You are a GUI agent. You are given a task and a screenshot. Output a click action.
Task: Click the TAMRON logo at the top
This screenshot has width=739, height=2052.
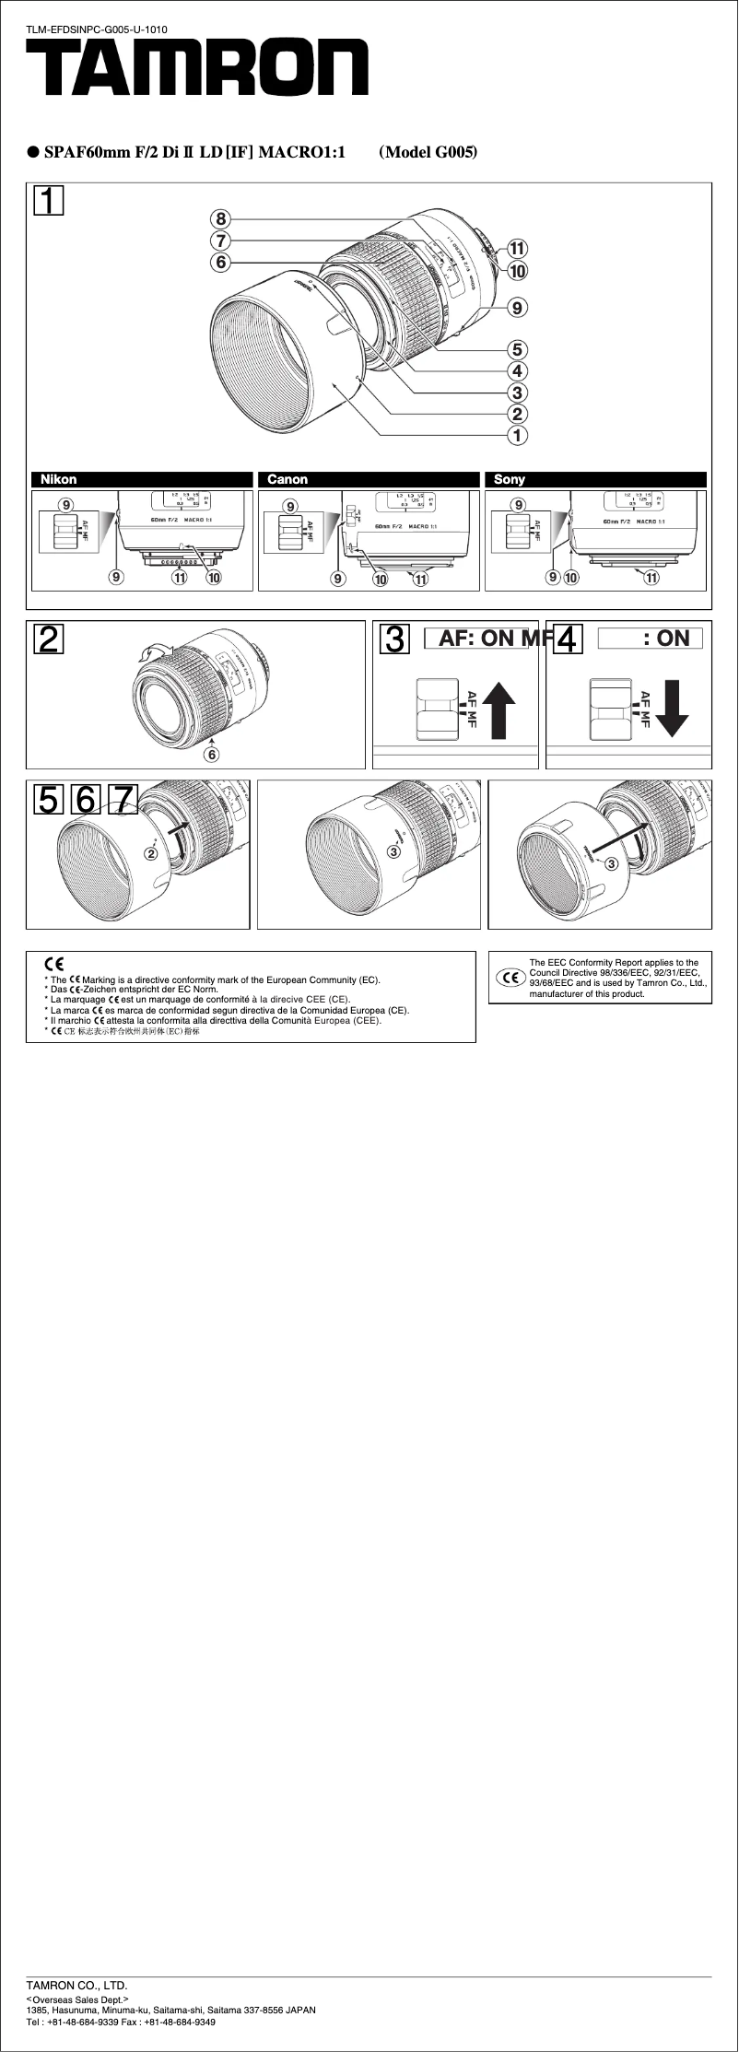(196, 72)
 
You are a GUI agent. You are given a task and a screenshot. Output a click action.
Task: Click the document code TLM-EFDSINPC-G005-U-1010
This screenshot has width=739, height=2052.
(96, 30)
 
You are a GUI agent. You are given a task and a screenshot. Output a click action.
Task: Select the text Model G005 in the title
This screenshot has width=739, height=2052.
(428, 152)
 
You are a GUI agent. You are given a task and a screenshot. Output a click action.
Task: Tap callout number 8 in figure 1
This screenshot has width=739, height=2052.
(219, 218)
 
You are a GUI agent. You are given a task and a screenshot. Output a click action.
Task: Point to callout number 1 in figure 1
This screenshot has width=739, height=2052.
(519, 434)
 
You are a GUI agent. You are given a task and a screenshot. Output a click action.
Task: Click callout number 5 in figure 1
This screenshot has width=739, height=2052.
(519, 349)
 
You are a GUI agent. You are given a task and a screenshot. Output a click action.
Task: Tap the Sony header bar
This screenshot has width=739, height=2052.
(595, 479)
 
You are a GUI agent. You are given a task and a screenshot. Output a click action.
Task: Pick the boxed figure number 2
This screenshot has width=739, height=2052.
(49, 639)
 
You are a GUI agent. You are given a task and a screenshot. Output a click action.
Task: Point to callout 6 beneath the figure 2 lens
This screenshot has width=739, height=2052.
(212, 754)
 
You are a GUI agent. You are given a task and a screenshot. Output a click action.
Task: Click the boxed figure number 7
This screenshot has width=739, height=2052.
(123, 799)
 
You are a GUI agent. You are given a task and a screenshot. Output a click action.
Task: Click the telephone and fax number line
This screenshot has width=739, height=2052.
(121, 2022)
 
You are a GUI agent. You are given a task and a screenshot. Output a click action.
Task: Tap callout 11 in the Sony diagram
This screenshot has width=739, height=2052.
(651, 579)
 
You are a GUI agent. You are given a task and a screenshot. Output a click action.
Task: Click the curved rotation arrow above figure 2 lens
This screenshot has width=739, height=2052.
(148, 653)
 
